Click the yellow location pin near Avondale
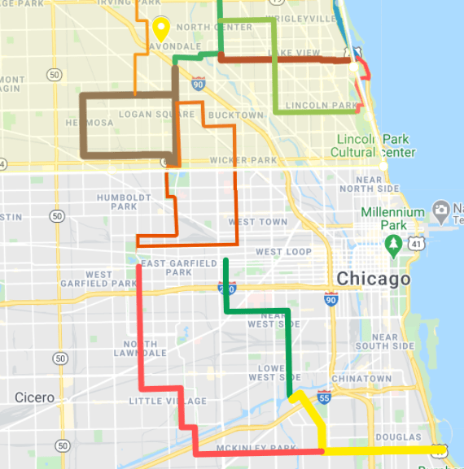[x=160, y=28]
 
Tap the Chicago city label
[x=374, y=279]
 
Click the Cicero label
[x=35, y=397]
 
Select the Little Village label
[x=168, y=401]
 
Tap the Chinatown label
[x=366, y=379]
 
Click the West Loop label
[x=283, y=252]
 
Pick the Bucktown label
[x=236, y=115]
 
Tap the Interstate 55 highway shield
[x=325, y=397]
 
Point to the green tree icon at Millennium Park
[x=393, y=243]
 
